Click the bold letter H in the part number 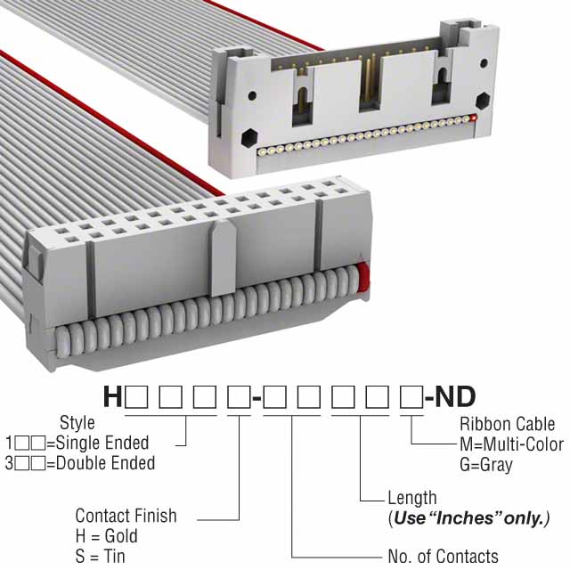[x=113, y=396]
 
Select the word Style [x=77, y=422]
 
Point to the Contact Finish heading [x=126, y=516]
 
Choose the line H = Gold [x=106, y=536]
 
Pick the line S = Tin [x=101, y=557]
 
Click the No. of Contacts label [x=443, y=557]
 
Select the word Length [x=412, y=498]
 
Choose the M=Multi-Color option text [x=510, y=444]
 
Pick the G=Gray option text [x=486, y=465]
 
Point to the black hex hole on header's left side [x=248, y=137]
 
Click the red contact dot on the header [x=475, y=118]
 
